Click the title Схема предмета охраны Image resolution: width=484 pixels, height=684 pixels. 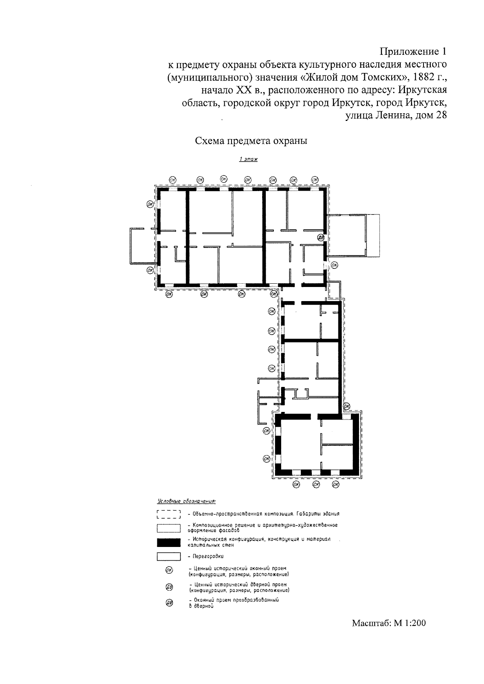(251, 141)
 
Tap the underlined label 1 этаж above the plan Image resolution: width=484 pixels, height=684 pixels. (248, 159)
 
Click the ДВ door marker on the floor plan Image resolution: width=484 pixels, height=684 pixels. (321, 237)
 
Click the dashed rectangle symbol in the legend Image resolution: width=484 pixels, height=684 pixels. (169, 514)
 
